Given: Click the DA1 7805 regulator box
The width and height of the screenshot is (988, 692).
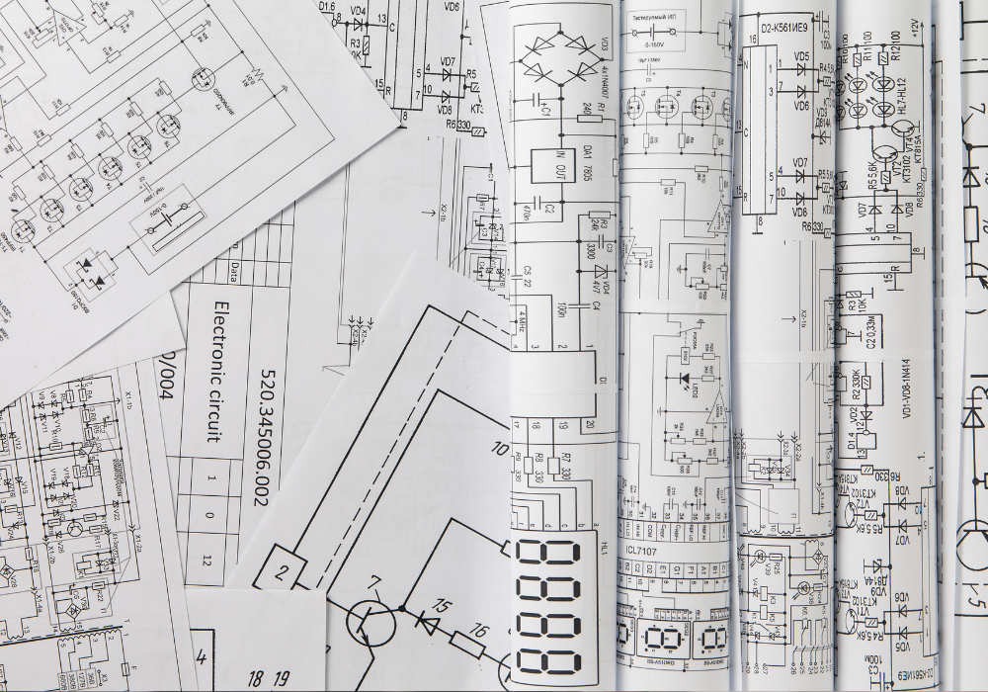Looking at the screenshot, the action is [550, 164].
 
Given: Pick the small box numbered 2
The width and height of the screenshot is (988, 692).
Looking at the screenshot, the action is [284, 569].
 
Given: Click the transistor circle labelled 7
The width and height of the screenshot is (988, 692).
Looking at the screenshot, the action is [370, 622].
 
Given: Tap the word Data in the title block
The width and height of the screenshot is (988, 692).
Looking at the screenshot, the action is [233, 268].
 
